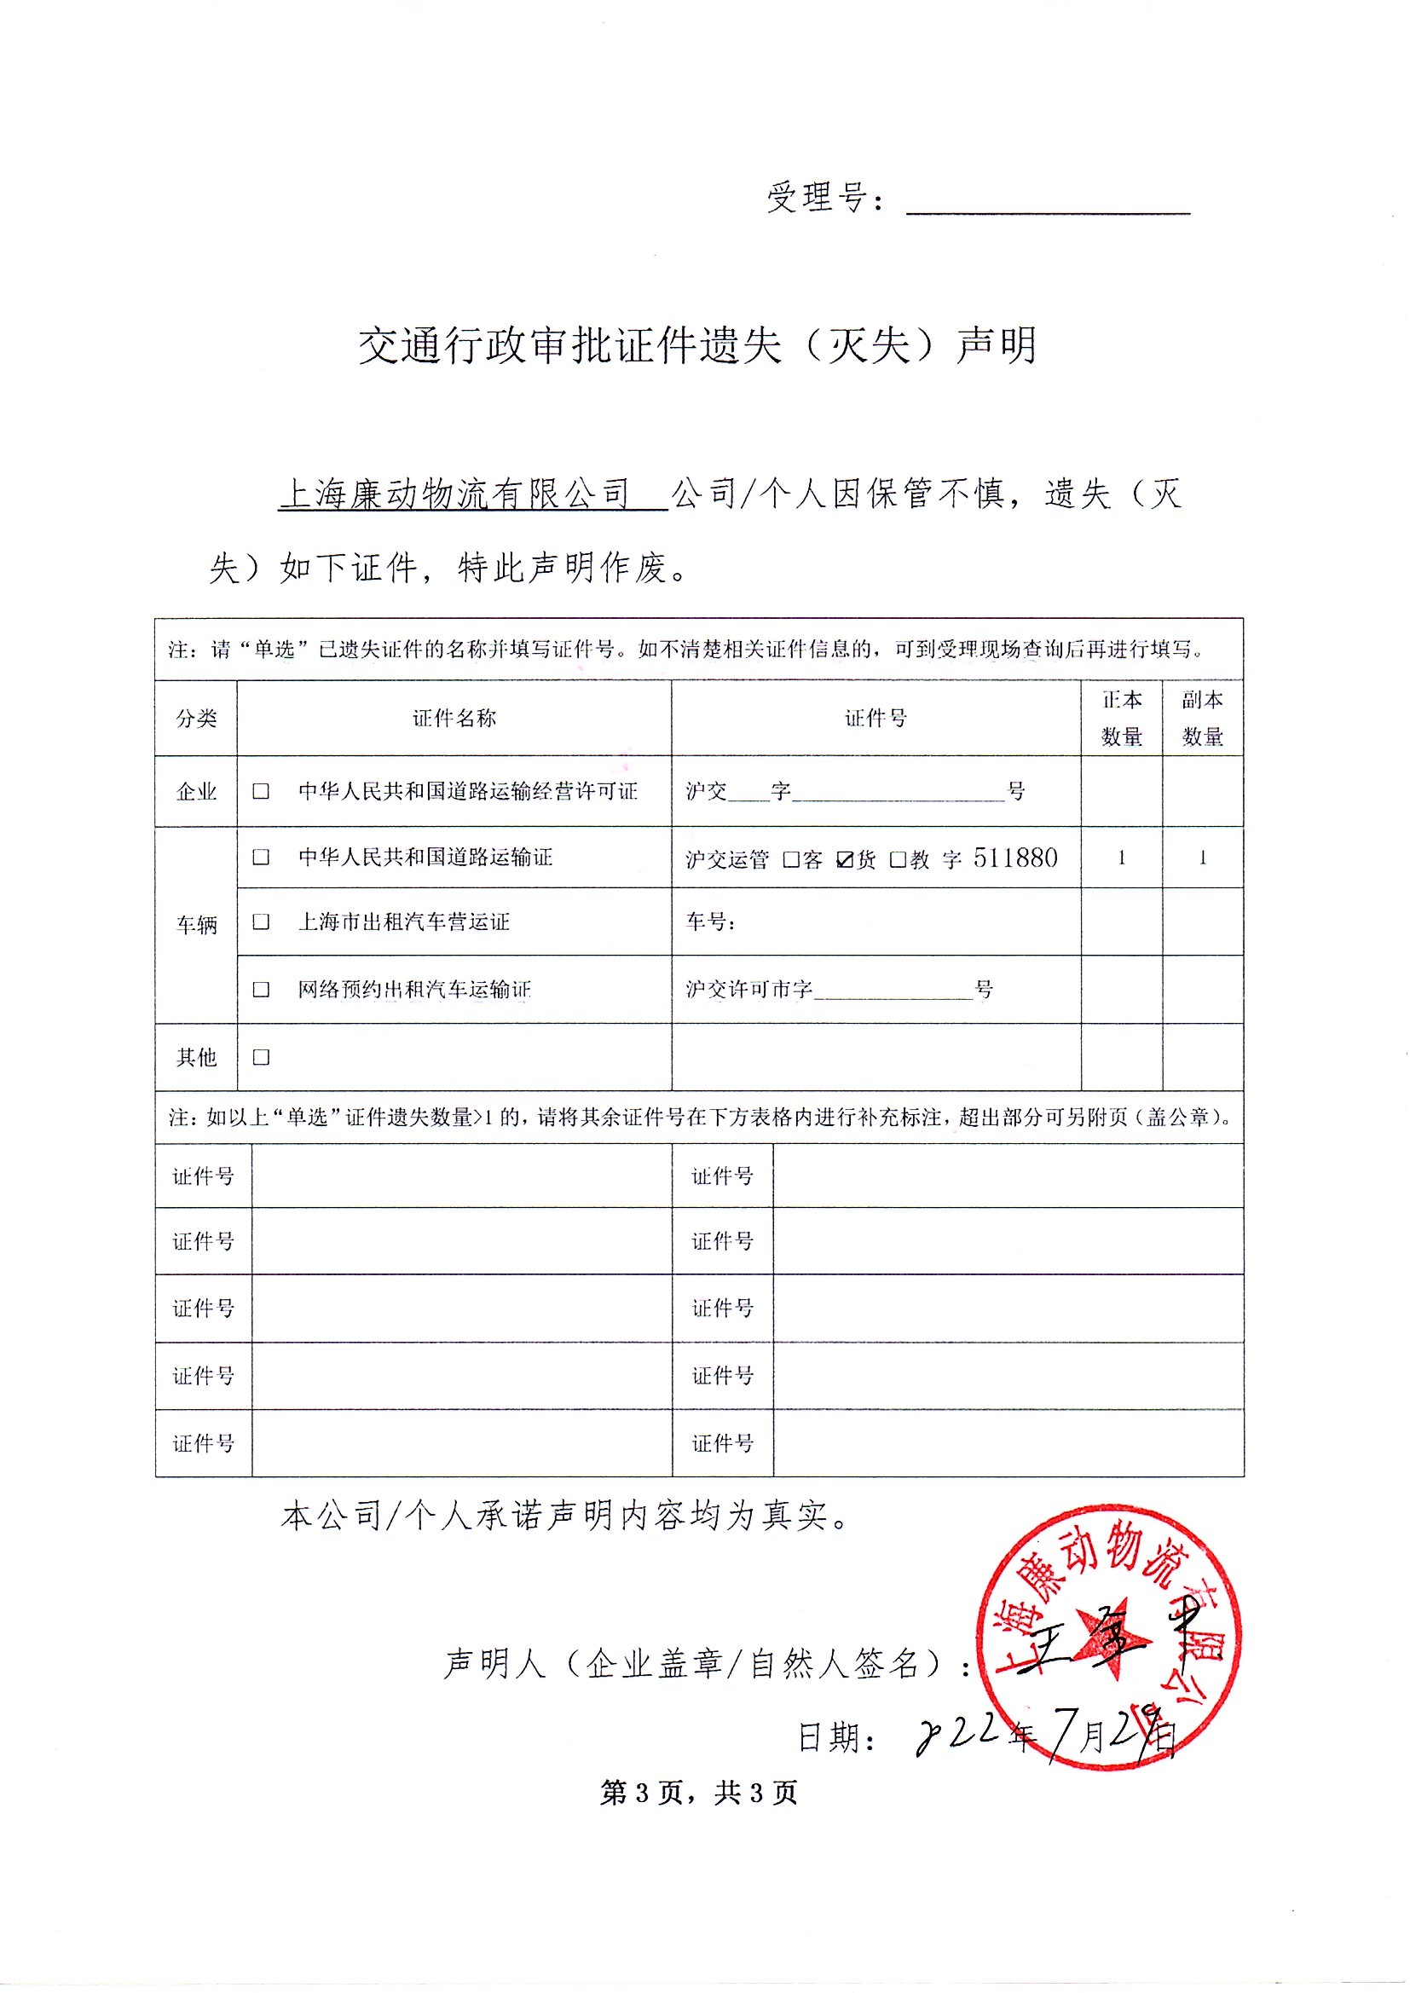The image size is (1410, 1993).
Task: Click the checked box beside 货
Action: click(845, 859)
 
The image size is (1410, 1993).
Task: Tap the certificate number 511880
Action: click(1015, 858)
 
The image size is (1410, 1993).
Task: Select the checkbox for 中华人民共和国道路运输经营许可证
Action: click(261, 791)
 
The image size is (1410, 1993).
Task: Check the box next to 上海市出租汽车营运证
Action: click(261, 921)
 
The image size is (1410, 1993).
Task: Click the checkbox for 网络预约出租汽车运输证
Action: click(261, 989)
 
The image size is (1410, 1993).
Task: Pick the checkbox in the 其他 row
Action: click(261, 1056)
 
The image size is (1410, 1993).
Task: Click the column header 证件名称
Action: click(454, 718)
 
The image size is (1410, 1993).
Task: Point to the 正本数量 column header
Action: click(1121, 718)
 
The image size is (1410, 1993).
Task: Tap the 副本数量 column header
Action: click(1203, 718)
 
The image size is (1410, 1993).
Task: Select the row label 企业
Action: click(196, 791)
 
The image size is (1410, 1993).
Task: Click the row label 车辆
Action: click(196, 924)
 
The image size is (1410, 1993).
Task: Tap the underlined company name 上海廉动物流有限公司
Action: click(455, 494)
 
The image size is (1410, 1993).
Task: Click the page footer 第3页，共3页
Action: click(699, 1792)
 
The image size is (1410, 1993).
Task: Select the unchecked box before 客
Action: click(791, 859)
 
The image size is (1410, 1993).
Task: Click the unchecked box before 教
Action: click(898, 859)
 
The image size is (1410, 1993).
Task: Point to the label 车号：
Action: click(710, 921)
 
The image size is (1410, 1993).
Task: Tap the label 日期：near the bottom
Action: click(837, 1737)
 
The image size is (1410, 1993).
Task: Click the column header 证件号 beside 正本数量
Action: click(875, 718)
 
